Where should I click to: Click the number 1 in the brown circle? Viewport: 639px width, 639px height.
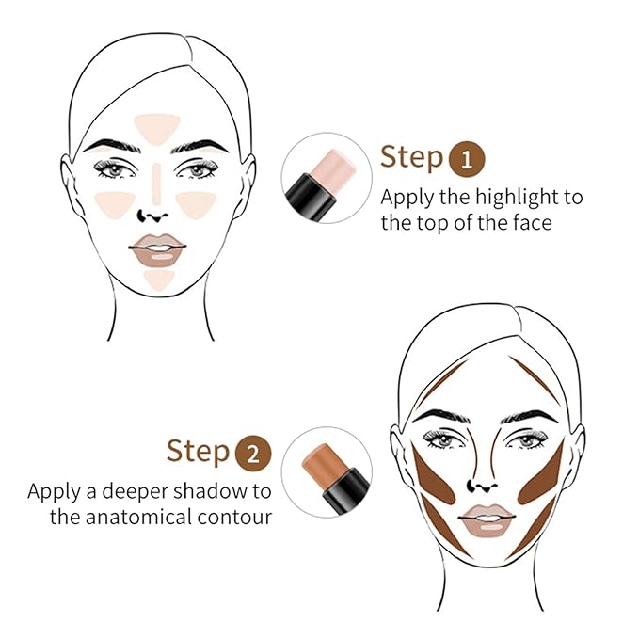click(x=468, y=157)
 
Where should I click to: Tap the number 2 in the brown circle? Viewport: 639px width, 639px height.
click(x=253, y=453)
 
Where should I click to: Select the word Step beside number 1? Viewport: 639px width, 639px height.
click(x=411, y=156)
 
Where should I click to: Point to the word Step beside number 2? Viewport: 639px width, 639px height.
click(x=198, y=452)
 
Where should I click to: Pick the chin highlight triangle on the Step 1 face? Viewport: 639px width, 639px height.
click(x=160, y=278)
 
